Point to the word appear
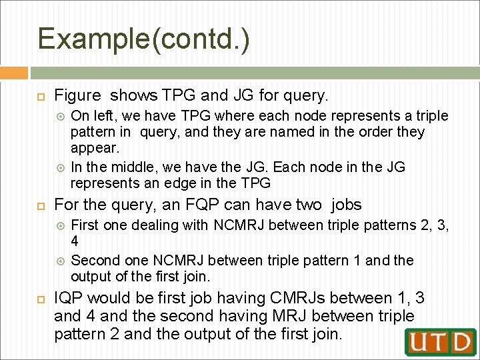point(93,147)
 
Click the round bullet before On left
point(62,116)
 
